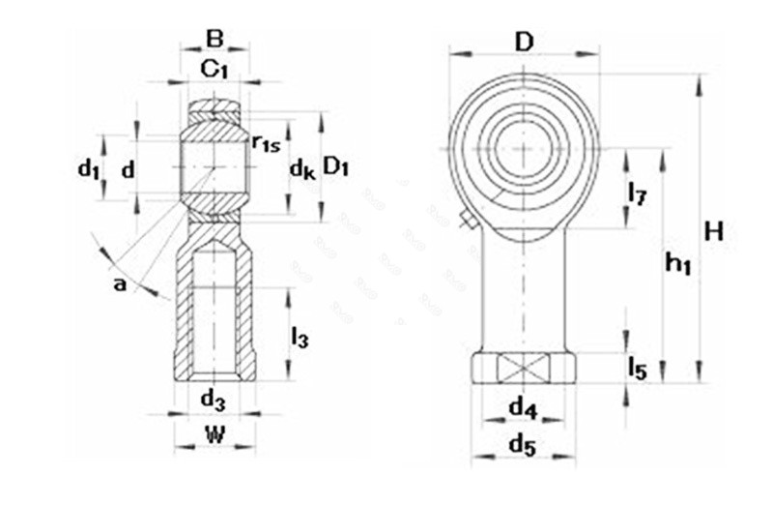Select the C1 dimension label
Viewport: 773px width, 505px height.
click(x=214, y=69)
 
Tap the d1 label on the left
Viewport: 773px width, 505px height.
click(x=89, y=170)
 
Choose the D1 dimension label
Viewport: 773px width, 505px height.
click(x=336, y=166)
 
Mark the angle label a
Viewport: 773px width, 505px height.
click(x=120, y=283)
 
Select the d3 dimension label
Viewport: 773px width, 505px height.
click(x=214, y=398)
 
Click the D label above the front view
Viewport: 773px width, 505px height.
click(x=524, y=42)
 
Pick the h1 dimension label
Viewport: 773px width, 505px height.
click(x=679, y=260)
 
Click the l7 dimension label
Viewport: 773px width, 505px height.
click(x=637, y=193)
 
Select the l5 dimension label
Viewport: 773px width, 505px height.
click(x=637, y=368)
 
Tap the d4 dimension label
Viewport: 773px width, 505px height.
click(x=523, y=408)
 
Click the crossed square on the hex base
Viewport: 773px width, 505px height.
click(x=523, y=369)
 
